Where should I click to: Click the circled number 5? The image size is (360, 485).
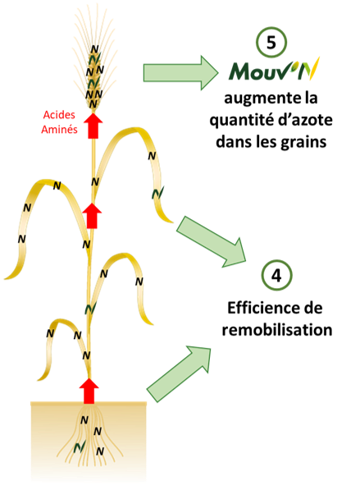(271, 43)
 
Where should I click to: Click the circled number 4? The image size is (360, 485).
(276, 275)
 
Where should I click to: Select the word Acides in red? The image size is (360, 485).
(59, 115)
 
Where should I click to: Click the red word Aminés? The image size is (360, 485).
(59, 129)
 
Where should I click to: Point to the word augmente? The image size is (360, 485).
(253, 98)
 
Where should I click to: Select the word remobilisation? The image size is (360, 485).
(277, 330)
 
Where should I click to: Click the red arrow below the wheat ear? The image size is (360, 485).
(93, 126)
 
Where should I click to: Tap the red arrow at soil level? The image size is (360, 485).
(89, 391)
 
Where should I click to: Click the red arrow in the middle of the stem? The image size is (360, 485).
(92, 216)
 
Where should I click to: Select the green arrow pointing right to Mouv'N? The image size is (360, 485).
(180, 73)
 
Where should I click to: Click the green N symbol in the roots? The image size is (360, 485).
(80, 446)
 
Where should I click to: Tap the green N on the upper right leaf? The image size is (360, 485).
(158, 193)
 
